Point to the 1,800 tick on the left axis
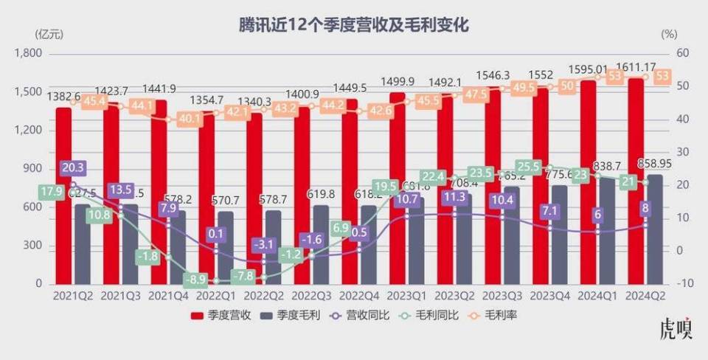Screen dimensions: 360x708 click(29, 54)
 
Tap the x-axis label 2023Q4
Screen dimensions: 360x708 click(549, 296)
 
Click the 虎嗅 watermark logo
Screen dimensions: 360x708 click(676, 329)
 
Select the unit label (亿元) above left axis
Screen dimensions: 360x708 click(46, 33)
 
